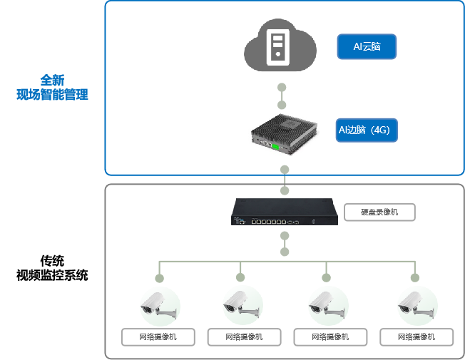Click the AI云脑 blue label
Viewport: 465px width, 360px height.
pos(367,47)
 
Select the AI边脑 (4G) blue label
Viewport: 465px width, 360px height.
pos(367,130)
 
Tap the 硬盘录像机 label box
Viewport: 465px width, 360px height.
pos(379,212)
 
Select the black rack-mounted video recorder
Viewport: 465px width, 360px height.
pos(285,212)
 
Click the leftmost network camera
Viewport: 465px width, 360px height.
pos(158,305)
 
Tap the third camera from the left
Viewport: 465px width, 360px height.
pos(328,305)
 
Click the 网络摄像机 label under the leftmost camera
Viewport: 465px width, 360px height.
pos(158,336)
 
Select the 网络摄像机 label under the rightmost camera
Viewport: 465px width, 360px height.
pos(417,336)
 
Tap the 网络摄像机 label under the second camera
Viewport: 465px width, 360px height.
pos(243,336)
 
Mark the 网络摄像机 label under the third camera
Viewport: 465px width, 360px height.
pos(330,336)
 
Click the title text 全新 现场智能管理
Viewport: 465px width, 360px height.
pos(52,87)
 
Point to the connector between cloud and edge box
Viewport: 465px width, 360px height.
pos(282,96)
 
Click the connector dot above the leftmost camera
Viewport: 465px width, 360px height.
pos(159,277)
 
